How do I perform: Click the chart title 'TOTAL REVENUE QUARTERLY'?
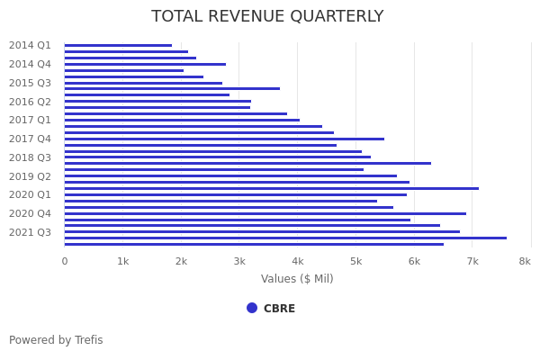point(267,17)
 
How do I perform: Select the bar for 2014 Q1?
point(118,45)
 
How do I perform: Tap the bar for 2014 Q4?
point(145,64)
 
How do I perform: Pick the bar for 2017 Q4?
point(224,139)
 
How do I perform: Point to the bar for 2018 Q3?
point(217,157)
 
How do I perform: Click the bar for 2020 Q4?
point(265,213)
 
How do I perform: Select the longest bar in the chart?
point(285,238)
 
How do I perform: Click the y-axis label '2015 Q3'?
point(30,83)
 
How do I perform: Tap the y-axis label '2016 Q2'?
point(30,102)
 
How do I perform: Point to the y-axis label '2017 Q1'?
point(30,120)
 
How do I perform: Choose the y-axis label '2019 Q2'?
point(30,176)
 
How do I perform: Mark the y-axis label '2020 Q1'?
point(30,194)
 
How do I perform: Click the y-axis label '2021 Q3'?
point(30,232)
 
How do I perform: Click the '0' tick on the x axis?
point(64,261)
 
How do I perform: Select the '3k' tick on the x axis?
point(239,261)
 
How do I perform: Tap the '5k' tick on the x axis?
point(356,261)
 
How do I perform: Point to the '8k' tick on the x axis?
point(525,261)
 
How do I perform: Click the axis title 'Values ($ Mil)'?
point(297,279)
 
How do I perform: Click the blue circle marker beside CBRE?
point(252,308)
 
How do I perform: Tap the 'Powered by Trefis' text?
point(56,340)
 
